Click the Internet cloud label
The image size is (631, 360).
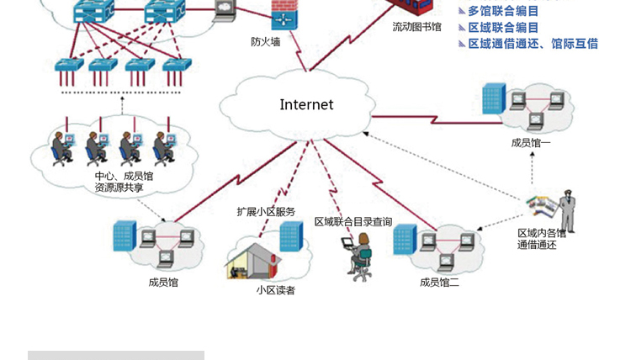pyautogui.click(x=306, y=105)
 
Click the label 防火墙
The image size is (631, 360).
pyautogui.click(x=265, y=41)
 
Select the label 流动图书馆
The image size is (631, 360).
pyautogui.click(x=416, y=27)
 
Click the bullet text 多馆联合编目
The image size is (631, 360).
pyautogui.click(x=503, y=11)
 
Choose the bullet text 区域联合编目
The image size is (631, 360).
pyautogui.click(x=503, y=27)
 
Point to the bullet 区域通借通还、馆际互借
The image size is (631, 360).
pyautogui.click(x=533, y=43)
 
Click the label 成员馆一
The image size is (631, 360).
pyautogui.click(x=531, y=143)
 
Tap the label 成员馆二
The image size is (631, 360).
pyautogui.click(x=439, y=283)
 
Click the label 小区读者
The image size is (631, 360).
pyautogui.click(x=276, y=290)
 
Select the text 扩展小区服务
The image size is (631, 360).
pyautogui.click(x=266, y=211)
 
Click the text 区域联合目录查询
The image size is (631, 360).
pyautogui.click(x=353, y=222)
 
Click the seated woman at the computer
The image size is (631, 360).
pyautogui.click(x=360, y=256)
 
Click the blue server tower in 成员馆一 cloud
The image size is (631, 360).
pyautogui.click(x=494, y=98)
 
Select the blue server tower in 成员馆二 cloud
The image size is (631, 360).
pyautogui.click(x=405, y=240)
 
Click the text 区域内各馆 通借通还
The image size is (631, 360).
pyautogui.click(x=542, y=239)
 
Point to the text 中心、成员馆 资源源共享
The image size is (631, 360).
pyautogui.click(x=124, y=182)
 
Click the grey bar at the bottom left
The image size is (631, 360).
pyautogui.click(x=116, y=355)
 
